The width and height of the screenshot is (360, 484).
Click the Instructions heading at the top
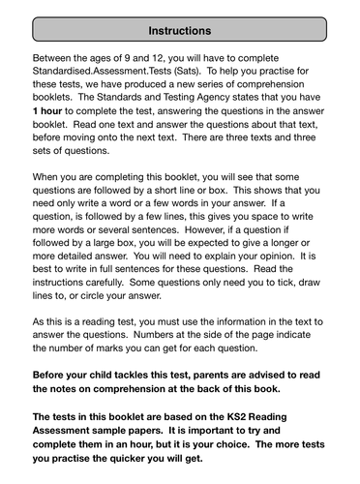click(180, 30)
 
